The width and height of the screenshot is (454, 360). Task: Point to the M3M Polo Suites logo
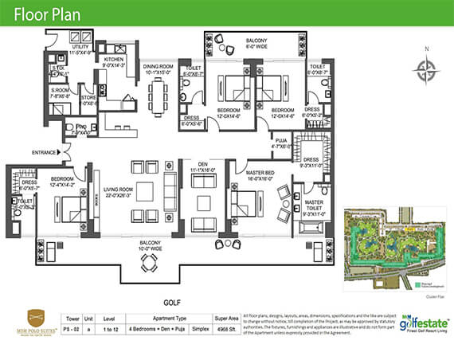tap(42, 323)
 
